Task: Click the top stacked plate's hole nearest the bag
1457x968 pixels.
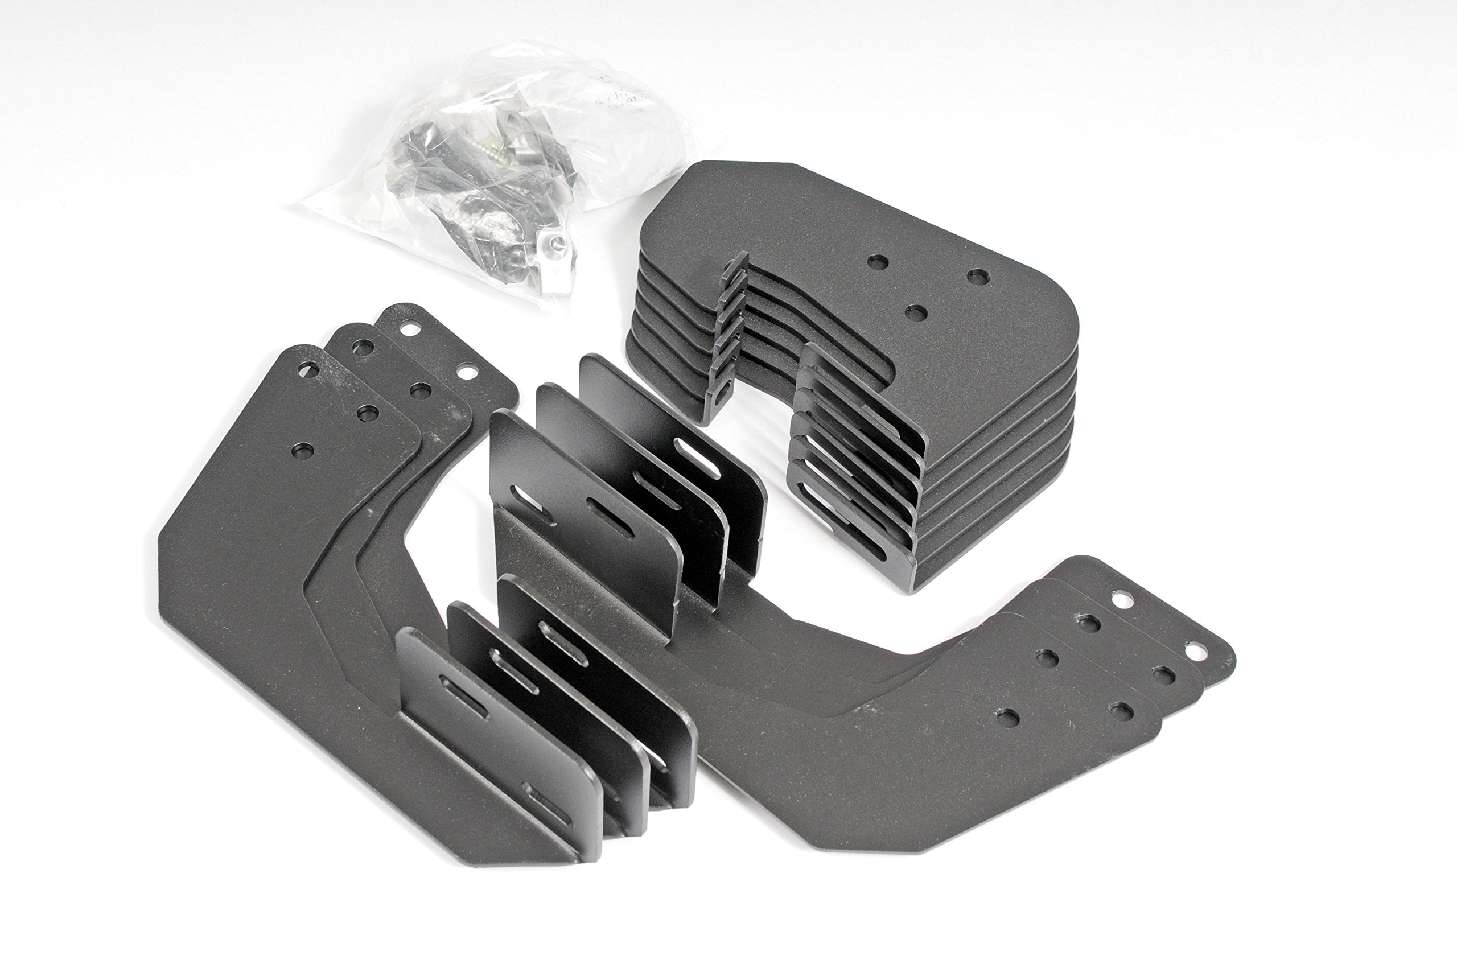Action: [x=876, y=262]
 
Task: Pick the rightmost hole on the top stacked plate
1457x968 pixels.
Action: [x=976, y=276]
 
